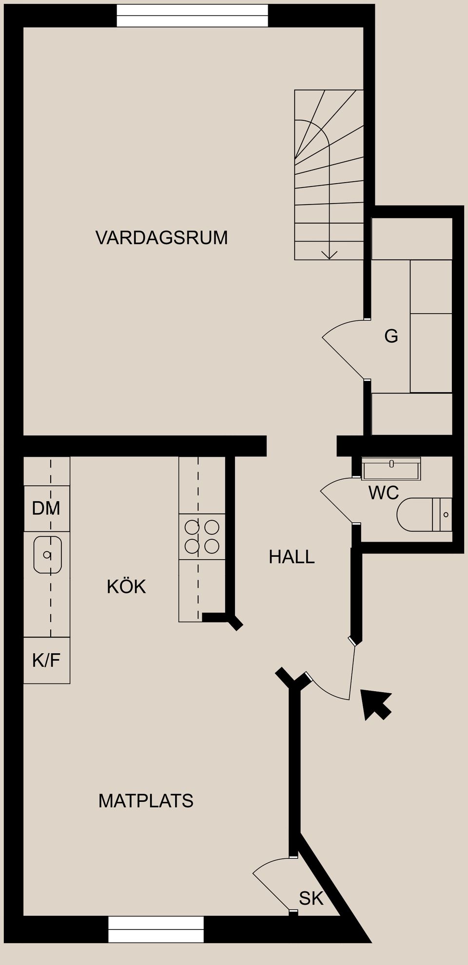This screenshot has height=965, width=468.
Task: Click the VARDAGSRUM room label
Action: [x=161, y=238]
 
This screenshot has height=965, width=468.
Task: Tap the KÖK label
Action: [x=126, y=587]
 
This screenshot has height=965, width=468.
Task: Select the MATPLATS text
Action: [x=146, y=801]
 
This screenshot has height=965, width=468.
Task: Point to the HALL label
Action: [x=292, y=557]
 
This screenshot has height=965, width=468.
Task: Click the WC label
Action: [x=384, y=493]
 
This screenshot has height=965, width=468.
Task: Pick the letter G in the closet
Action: [x=391, y=336]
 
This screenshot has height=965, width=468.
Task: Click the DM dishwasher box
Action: [x=46, y=509]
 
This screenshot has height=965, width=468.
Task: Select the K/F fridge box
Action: [x=46, y=661]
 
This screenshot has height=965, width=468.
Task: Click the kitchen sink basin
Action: [x=47, y=554]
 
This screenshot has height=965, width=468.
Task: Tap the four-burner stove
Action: [x=202, y=536]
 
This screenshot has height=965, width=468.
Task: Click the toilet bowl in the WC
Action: [x=414, y=514]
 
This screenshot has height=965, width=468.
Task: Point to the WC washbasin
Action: [x=391, y=469]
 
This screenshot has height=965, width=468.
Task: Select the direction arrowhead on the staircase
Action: [x=330, y=254]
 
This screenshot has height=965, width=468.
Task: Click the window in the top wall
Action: [x=192, y=16]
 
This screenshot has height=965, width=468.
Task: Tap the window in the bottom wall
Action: [x=156, y=929]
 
